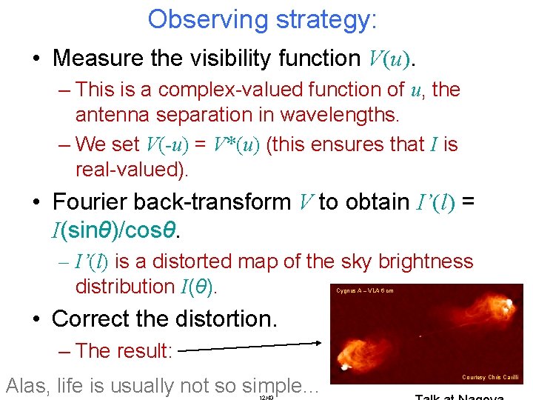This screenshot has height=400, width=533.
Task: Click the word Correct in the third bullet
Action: [93, 319]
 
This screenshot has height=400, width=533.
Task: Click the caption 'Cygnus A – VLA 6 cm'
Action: [365, 290]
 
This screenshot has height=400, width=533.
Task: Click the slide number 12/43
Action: [267, 397]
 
